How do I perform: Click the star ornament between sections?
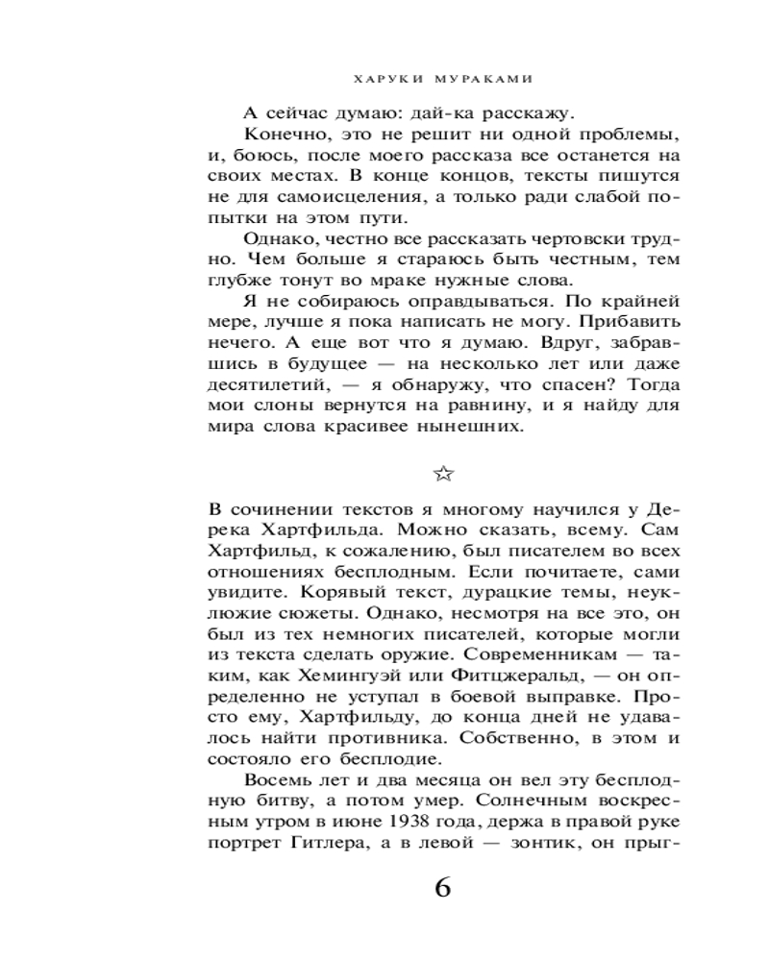[x=442, y=472]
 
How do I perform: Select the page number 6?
[x=442, y=887]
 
